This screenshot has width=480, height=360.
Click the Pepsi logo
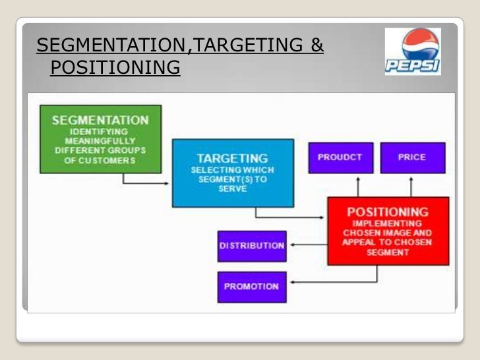click(x=413, y=51)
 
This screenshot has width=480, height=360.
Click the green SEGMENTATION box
click(x=100, y=139)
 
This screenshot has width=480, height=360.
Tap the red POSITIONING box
click(x=388, y=231)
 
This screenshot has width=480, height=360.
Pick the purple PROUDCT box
click(x=340, y=158)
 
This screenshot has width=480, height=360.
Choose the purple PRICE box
click(x=412, y=158)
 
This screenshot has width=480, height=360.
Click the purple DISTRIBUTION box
click(x=252, y=246)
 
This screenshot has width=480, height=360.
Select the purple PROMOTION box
click(x=252, y=287)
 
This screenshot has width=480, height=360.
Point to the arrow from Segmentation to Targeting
click(x=145, y=183)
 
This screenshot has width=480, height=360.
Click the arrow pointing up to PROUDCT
click(x=358, y=185)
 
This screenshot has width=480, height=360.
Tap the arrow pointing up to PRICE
click(x=412, y=185)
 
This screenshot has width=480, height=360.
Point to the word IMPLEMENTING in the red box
click(x=388, y=224)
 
